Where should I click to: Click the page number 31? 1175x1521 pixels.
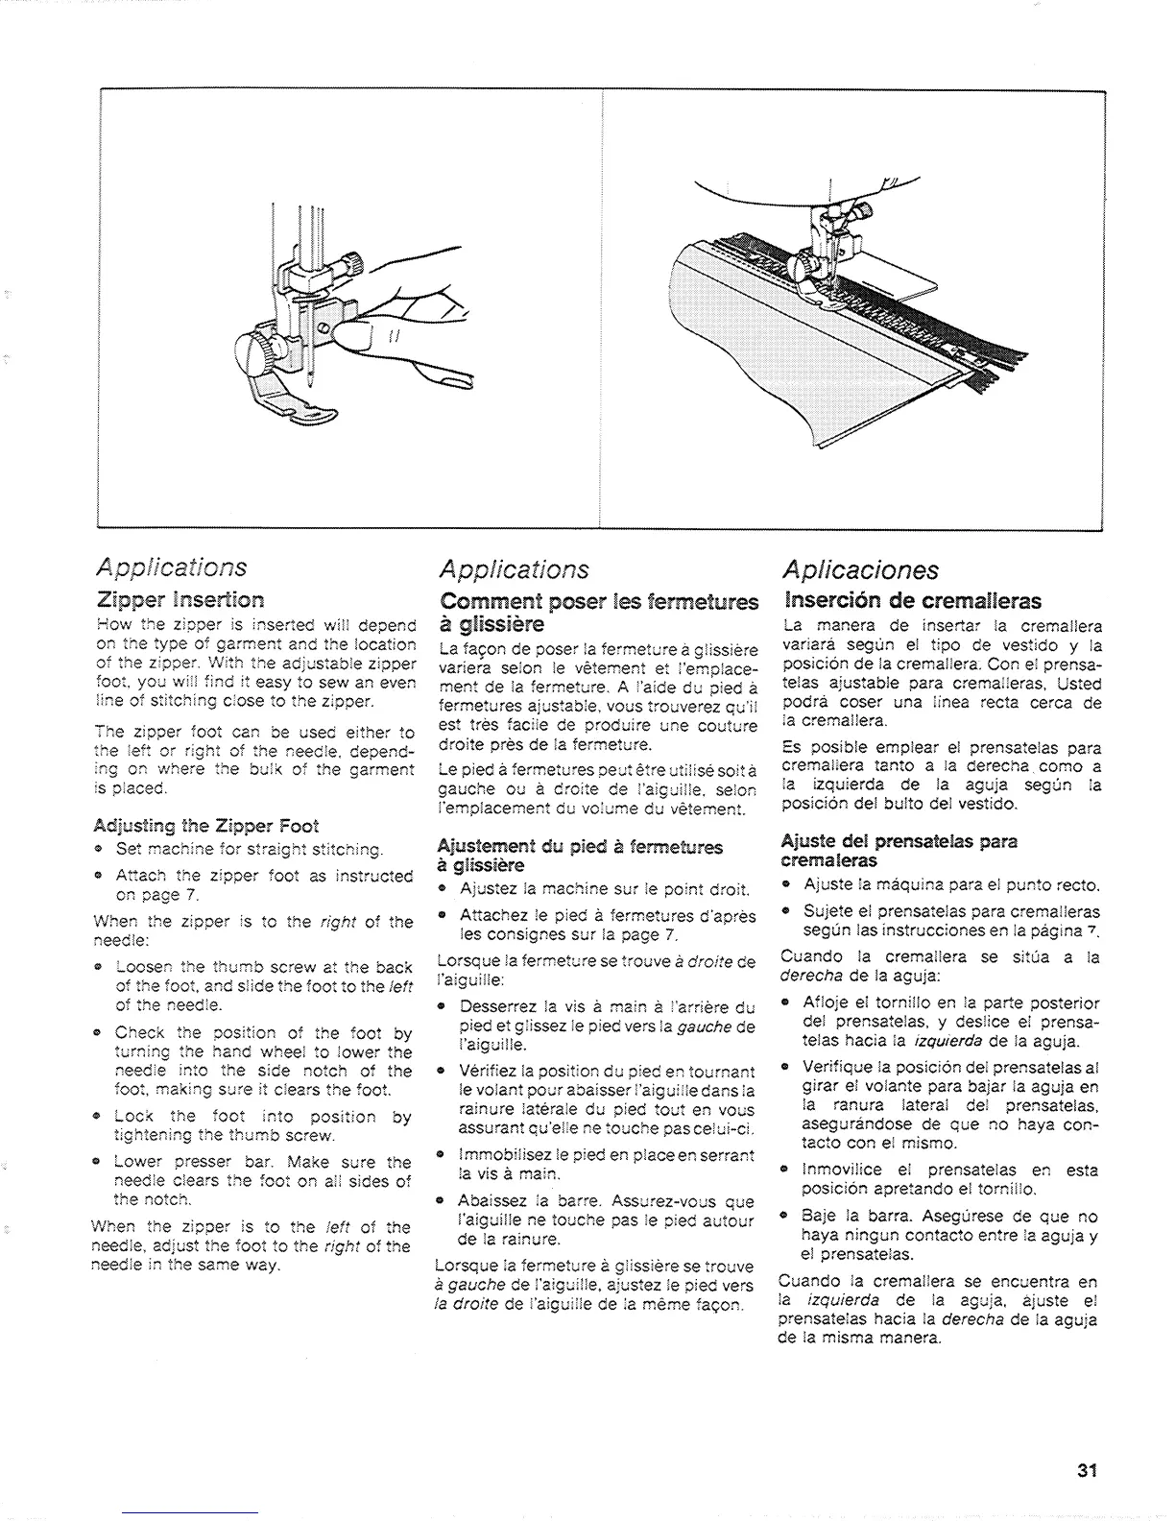point(1087,1470)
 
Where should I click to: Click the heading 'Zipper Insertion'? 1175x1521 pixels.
point(180,600)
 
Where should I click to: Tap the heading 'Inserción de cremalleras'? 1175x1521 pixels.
point(912,602)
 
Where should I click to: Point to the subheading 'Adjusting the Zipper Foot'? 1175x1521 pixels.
point(206,826)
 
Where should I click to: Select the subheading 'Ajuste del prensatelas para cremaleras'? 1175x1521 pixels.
point(899,849)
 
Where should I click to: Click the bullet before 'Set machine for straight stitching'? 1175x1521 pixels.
point(99,849)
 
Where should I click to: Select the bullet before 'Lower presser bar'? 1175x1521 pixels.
point(99,1162)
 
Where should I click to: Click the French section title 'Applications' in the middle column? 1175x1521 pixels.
point(513,569)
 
